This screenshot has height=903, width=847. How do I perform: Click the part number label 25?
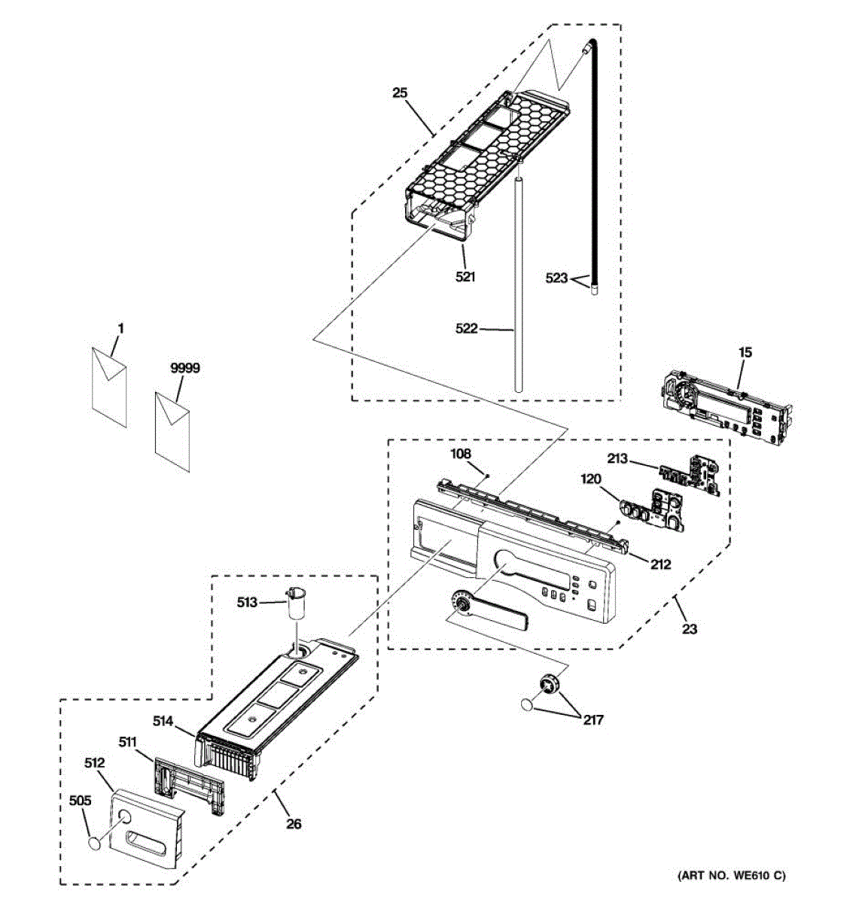point(399,93)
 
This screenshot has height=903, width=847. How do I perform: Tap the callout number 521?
point(465,277)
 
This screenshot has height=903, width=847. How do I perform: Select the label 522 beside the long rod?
point(467,329)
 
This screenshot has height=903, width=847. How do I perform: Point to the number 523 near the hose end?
point(556,278)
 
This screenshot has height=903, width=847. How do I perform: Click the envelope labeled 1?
point(109,387)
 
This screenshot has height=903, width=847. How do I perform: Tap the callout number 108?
point(460,454)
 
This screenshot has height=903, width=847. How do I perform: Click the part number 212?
point(661,564)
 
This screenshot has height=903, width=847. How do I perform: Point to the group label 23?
point(690,629)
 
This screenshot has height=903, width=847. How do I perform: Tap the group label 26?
point(294,824)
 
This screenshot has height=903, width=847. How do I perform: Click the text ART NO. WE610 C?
point(731,875)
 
